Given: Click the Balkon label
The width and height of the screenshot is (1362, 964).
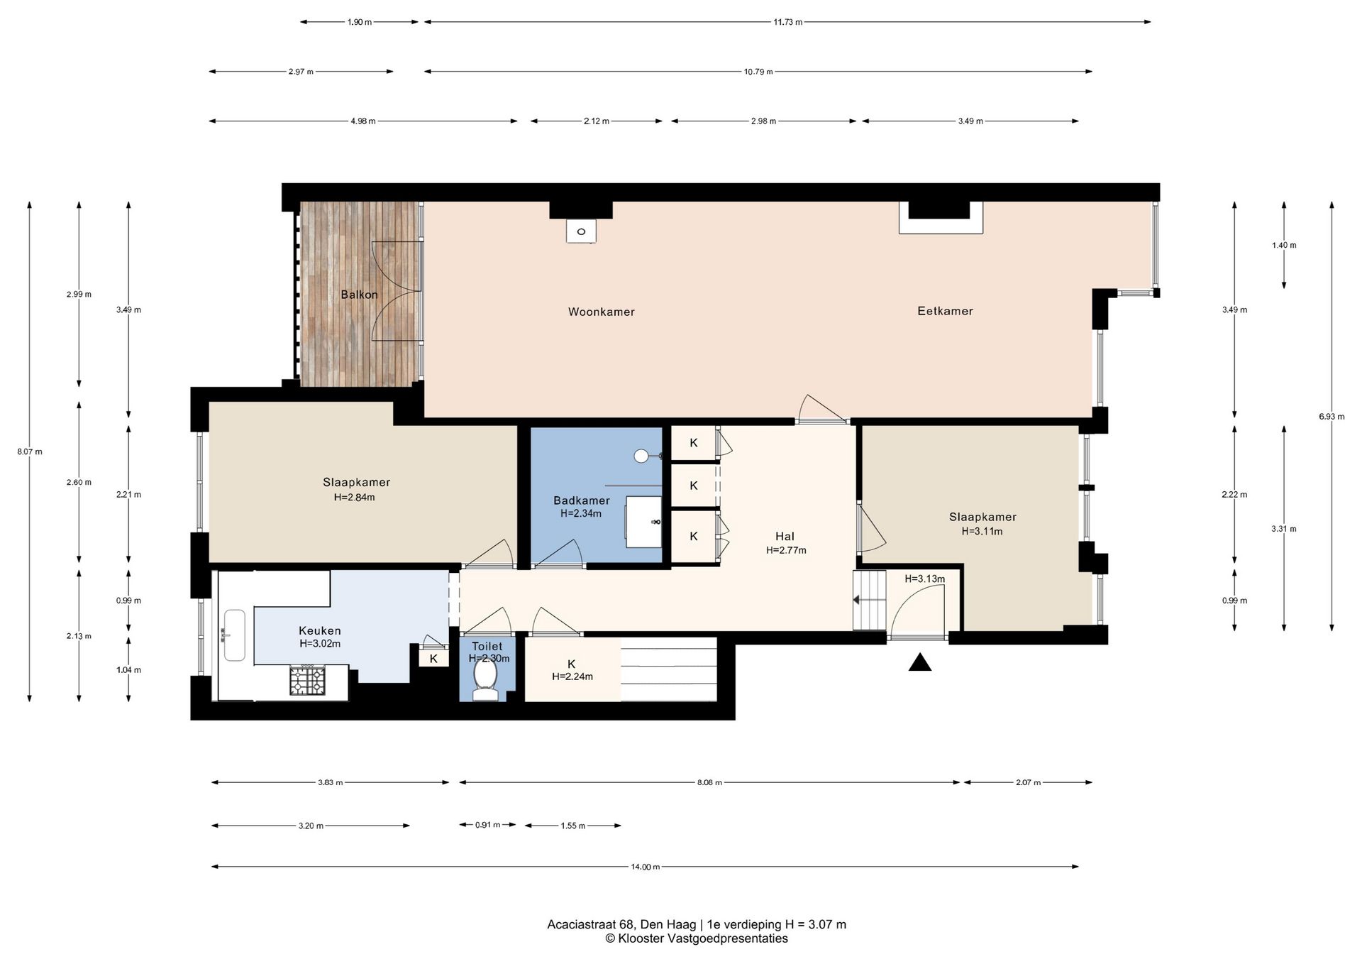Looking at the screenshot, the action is click(x=359, y=295).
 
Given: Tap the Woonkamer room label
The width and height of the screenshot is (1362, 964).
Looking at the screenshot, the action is click(x=601, y=312).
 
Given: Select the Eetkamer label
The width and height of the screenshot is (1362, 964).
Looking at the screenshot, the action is click(x=945, y=311).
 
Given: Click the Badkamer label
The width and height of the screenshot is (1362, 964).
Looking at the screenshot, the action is click(x=582, y=500).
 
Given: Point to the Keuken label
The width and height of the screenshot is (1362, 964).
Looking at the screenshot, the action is click(x=320, y=630).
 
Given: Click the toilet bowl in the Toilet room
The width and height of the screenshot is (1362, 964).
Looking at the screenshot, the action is click(x=486, y=678).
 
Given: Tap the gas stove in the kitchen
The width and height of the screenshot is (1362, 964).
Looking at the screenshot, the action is click(x=306, y=681).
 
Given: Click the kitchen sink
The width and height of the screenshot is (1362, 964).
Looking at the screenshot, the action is click(x=234, y=635).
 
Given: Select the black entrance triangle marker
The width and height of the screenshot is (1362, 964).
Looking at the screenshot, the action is click(x=920, y=663).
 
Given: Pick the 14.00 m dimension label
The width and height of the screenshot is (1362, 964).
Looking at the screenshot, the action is click(x=646, y=867).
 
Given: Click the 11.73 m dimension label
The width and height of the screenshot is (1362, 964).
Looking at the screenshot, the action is click(x=788, y=22).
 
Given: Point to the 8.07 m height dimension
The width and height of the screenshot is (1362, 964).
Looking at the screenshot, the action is click(x=30, y=451).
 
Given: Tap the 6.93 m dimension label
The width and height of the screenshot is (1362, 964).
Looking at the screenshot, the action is click(x=1331, y=417).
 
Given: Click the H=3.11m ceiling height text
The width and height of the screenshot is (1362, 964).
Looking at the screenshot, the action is click(x=982, y=531).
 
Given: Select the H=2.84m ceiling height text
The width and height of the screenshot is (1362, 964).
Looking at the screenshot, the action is click(x=355, y=497).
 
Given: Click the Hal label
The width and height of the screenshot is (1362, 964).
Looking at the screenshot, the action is click(x=785, y=537).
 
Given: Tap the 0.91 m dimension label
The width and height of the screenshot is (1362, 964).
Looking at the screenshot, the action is click(x=487, y=825).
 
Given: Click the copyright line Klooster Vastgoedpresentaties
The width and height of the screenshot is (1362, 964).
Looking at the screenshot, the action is click(x=696, y=938).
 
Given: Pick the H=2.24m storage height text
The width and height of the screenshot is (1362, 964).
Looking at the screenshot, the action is click(x=572, y=677).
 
